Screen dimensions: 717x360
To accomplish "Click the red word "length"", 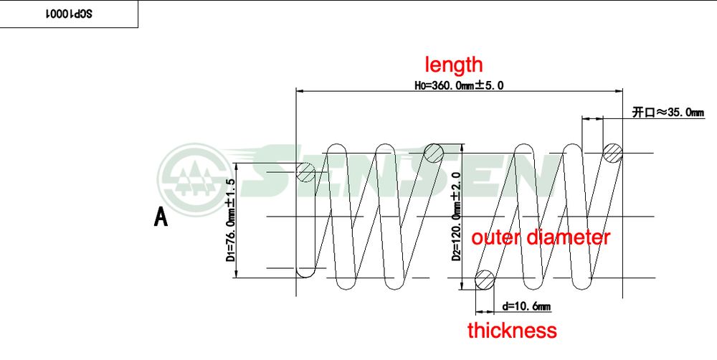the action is click(454, 65).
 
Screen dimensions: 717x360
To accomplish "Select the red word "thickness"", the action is click(512, 330).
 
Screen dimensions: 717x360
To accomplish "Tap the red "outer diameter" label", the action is click(541, 237).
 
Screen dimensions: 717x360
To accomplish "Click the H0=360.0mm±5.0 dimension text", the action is click(459, 85).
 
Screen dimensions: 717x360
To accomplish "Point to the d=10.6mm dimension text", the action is click(526, 306).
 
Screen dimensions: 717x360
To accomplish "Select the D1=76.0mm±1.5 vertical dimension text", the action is click(232, 220).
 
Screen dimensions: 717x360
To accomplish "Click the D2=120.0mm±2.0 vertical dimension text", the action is click(457, 216).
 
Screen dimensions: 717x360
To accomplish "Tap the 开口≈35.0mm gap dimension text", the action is click(668, 113).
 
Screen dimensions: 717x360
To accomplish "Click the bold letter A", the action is click(161, 217).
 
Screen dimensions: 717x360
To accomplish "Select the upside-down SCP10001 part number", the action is click(69, 14).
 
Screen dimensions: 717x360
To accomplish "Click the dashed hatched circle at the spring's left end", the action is click(305, 172).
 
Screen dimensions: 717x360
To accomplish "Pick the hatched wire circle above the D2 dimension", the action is click(434, 153).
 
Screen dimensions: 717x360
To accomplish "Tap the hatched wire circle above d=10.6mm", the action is click(485, 279).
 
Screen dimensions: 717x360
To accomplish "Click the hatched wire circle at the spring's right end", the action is click(613, 153).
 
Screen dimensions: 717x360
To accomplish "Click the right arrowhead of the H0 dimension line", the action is click(619, 91).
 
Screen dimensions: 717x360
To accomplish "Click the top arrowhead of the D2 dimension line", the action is click(463, 147).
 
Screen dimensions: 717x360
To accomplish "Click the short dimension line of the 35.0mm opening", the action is click(592, 118).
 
